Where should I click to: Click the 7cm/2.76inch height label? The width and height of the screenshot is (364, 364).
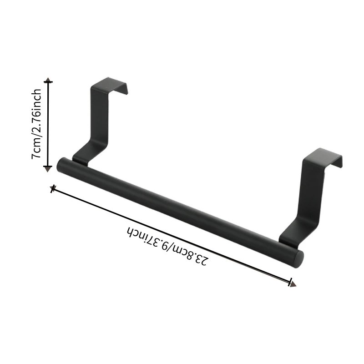(x=36, y=123)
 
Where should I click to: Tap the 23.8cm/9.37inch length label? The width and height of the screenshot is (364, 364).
(x=166, y=246)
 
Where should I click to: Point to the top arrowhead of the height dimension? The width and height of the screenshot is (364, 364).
(x=48, y=80)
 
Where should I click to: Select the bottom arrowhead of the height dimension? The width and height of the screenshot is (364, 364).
(x=48, y=169)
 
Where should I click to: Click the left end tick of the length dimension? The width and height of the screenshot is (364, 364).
(x=53, y=189)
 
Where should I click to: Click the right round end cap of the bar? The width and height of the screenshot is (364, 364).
(x=299, y=259)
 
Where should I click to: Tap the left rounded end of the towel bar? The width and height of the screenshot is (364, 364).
(x=61, y=164)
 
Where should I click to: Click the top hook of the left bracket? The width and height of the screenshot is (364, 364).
(x=109, y=86)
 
